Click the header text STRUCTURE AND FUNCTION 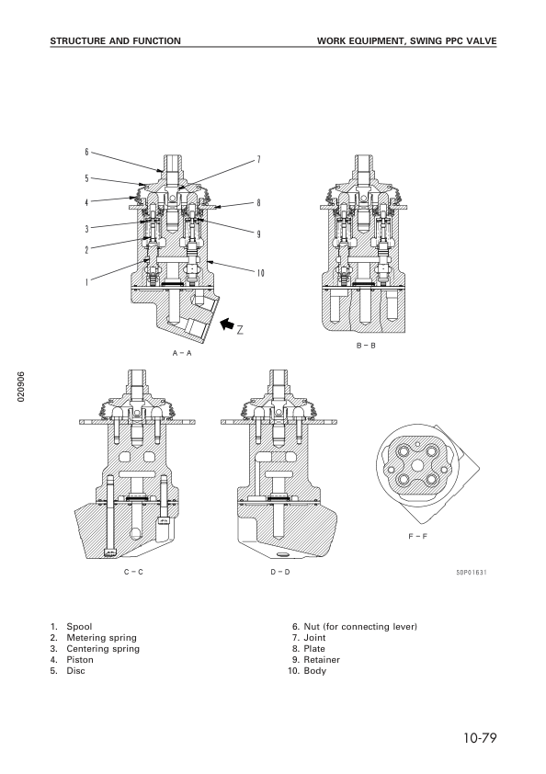(115, 41)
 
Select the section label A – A (180, 353)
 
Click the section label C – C (133, 572)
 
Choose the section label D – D (279, 572)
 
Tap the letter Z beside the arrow (240, 330)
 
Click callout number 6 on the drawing (86, 152)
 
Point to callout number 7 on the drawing (258, 159)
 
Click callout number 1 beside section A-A (86, 283)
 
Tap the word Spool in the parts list (79, 627)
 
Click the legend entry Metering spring (100, 638)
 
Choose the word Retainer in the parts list (323, 660)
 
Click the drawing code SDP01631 (471, 573)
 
